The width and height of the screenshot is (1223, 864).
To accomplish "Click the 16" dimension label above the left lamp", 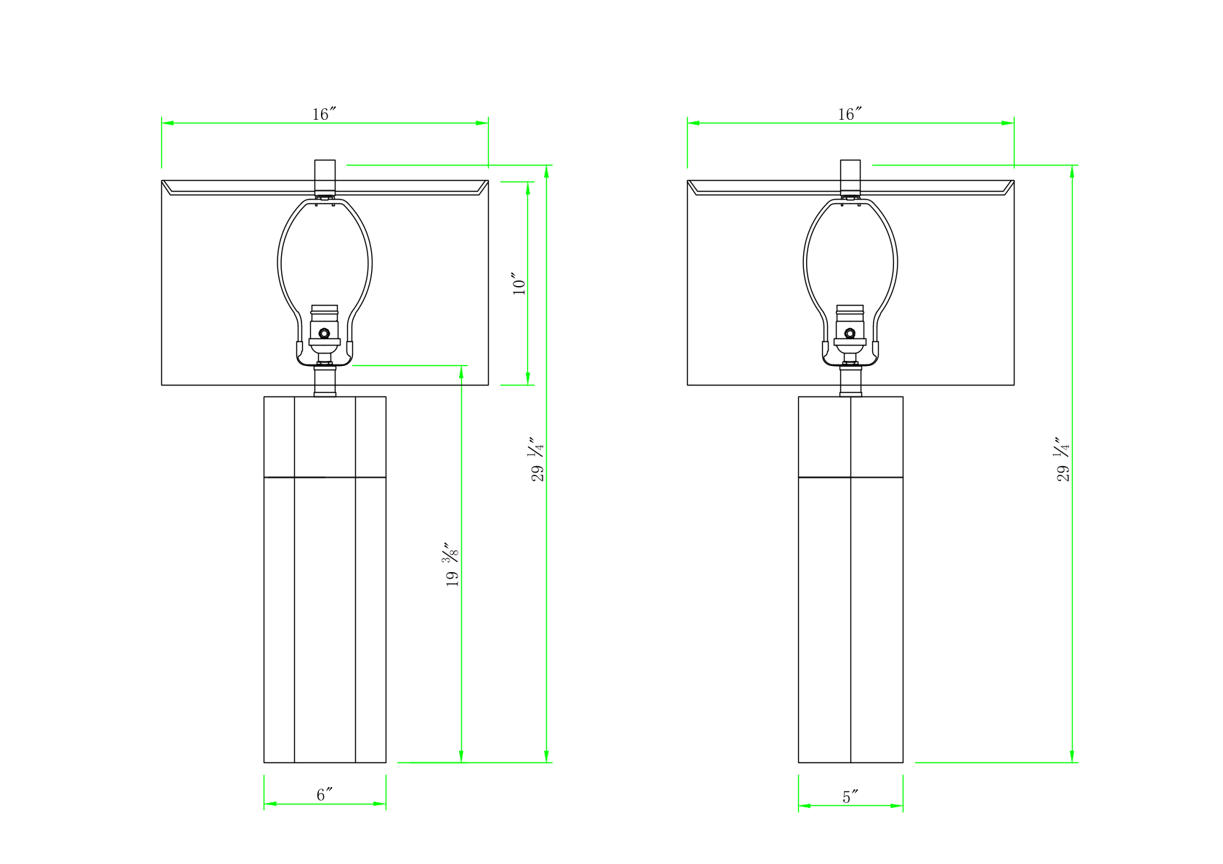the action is tap(324, 114).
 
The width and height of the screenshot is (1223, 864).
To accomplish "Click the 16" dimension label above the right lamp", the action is tap(850, 114).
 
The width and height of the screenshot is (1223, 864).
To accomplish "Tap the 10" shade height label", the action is tap(519, 283).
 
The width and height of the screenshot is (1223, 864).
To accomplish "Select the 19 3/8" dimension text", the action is tap(452, 564).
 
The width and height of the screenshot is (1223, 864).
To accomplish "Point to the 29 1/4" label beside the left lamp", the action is tap(537, 459).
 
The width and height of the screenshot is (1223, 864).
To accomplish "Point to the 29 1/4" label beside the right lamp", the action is tap(1062, 459).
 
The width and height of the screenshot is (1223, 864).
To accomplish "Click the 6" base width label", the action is tap(325, 795).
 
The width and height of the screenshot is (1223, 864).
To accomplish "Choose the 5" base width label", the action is tap(850, 797).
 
